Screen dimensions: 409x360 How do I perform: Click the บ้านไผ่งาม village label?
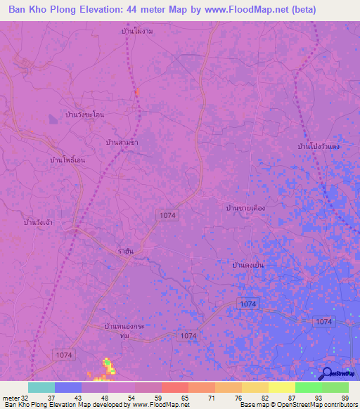pos(137,32)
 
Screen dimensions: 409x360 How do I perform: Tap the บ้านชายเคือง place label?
pos(246,208)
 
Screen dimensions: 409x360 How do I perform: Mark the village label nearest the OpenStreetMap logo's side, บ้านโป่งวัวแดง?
pos(319,146)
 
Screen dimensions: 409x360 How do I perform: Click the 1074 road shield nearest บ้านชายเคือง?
pos(167,215)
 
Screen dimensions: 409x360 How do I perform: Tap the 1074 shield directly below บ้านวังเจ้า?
pos(63,356)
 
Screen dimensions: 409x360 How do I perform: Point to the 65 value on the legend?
pos(184,397)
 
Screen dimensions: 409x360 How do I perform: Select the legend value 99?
pos(345,397)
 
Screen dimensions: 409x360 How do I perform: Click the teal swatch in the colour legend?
pos(41,387)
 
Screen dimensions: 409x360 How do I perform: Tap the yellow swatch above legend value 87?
pos(281,387)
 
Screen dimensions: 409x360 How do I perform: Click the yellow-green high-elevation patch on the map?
pos(109,365)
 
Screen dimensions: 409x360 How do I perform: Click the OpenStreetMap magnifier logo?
pos(326,374)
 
